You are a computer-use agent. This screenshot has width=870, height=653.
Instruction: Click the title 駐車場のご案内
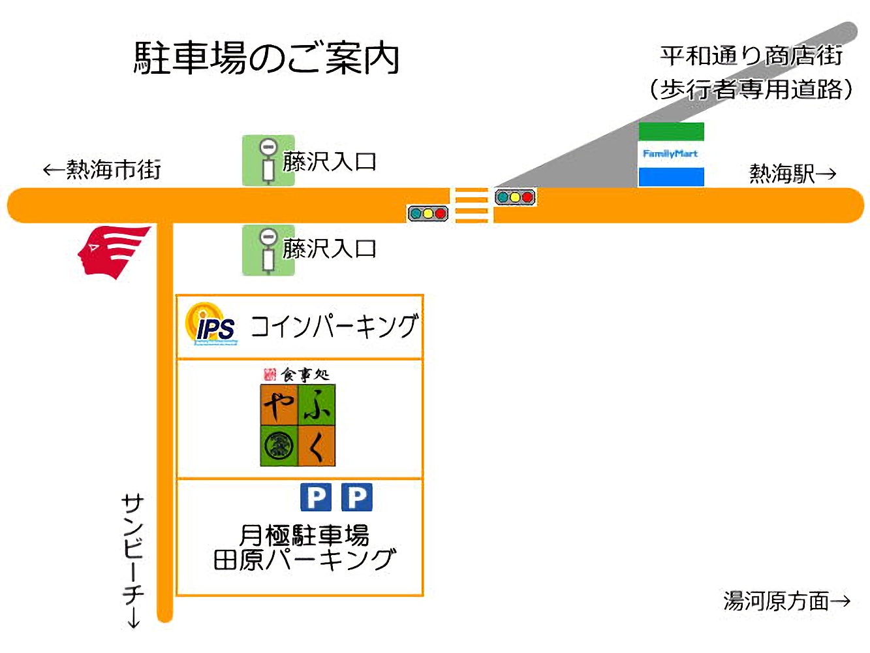pos(266,58)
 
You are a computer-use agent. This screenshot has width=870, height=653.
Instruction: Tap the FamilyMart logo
pos(670,154)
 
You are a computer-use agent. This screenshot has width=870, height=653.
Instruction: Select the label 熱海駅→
pos(792,174)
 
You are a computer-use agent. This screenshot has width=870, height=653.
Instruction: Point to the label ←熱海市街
pos(102,170)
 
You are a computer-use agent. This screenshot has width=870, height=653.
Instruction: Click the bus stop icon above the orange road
pos(268,161)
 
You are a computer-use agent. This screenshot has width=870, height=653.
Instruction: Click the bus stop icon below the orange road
pos(268,250)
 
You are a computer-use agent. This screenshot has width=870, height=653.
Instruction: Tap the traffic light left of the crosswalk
pos(427,214)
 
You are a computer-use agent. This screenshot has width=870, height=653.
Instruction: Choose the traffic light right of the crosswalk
pos(515,197)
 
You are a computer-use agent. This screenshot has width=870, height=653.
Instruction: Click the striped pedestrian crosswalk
pos(471,205)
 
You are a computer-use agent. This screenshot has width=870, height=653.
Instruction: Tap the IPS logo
pos(211,325)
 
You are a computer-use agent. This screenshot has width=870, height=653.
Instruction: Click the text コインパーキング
pos(334,326)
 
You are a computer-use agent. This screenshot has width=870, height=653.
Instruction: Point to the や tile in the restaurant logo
pos(279,405)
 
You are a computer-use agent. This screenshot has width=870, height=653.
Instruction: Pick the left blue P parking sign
pos(316,498)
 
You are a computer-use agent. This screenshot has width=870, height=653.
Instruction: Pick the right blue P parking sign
pos(356,498)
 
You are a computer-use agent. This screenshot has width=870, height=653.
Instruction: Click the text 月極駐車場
pos(304,535)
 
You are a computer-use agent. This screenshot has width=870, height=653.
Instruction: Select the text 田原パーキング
pos(304,560)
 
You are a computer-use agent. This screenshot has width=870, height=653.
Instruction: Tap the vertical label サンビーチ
pos(133,549)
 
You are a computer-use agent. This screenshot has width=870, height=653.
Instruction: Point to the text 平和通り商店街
pos(751,56)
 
